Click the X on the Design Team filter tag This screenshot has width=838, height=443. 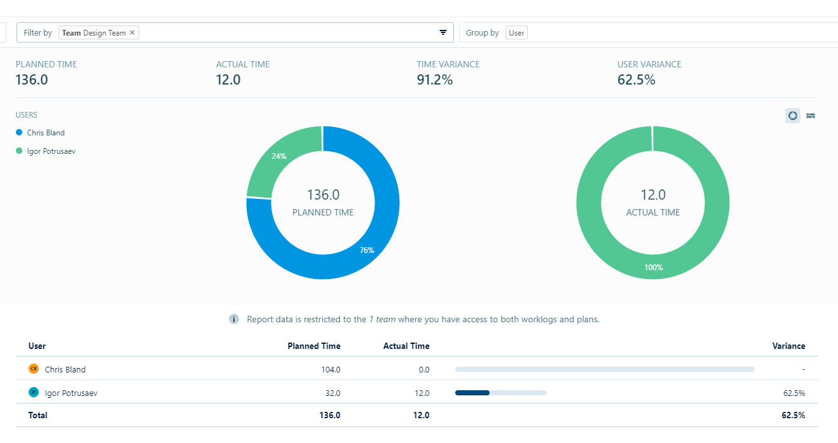coord(132,32)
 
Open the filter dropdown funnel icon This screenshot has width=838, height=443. coord(443,32)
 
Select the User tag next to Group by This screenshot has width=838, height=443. coord(516,32)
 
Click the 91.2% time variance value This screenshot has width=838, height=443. coord(435,79)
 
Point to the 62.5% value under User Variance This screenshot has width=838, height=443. coord(636,79)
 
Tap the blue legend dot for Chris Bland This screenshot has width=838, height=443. coord(19,132)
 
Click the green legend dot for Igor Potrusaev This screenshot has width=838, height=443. coord(19,151)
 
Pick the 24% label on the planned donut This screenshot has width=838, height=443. coord(278,156)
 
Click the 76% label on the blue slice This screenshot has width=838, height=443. coord(367,250)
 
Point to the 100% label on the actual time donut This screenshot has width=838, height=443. coord(653,268)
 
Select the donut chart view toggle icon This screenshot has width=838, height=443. coord(792,116)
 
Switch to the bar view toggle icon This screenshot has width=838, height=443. coord(810,116)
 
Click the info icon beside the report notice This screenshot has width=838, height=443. coord(234,319)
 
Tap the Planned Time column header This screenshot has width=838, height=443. coord(314,346)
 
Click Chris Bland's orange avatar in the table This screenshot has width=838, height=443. coord(34,369)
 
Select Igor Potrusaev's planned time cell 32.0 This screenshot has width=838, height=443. coord(333,393)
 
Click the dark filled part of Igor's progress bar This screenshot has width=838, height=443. coord(472,393)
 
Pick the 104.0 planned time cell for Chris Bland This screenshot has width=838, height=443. coord(331,369)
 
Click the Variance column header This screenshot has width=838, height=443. coord(788,346)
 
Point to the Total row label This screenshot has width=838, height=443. coord(38,415)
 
